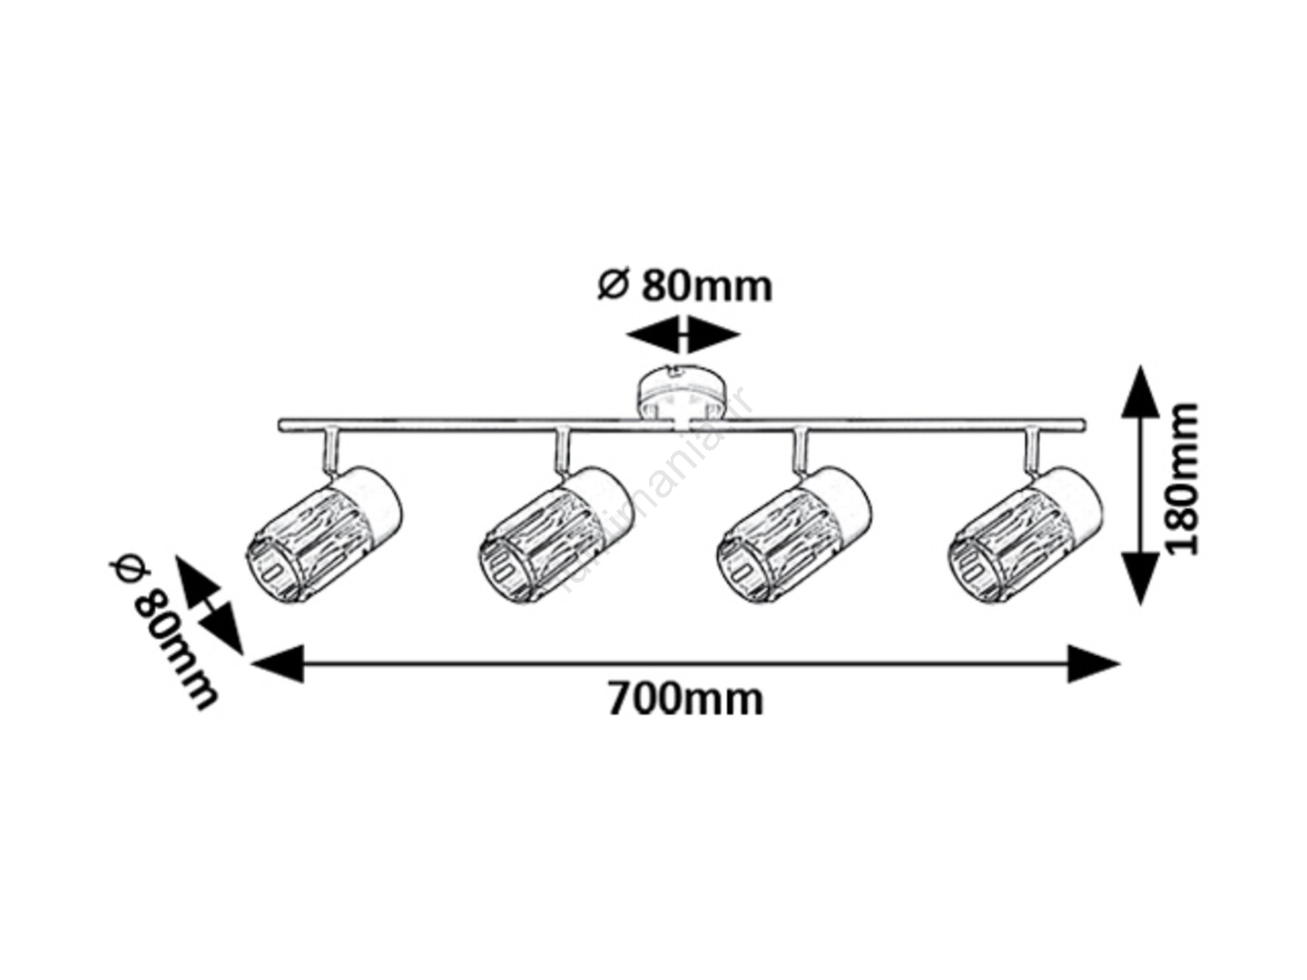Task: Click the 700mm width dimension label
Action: click(685, 700)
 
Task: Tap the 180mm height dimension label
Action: click(1182, 479)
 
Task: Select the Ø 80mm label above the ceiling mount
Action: click(685, 286)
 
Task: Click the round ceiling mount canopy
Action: click(681, 392)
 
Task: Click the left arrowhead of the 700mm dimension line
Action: click(277, 664)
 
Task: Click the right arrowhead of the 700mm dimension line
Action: click(1094, 664)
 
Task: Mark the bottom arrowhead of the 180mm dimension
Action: click(1141, 577)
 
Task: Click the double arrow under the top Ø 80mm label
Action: click(683, 335)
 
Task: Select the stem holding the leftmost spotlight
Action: click(330, 451)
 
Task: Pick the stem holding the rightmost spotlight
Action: click(1033, 451)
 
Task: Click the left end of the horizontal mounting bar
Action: click(283, 425)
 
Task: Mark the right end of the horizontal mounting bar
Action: click(1080, 425)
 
